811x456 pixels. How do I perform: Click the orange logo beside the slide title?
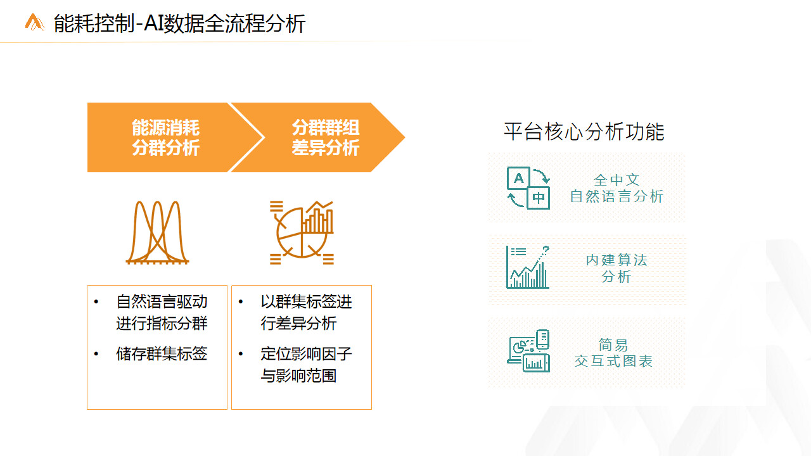point(35,22)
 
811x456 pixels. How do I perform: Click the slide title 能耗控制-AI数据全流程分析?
point(179,23)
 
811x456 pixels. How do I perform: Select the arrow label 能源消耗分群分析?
point(165,137)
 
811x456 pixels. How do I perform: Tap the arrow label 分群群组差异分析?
point(326,137)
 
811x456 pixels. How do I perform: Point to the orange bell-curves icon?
point(157,232)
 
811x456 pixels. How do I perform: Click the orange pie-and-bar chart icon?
point(302,232)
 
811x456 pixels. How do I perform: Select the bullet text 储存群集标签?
point(162,353)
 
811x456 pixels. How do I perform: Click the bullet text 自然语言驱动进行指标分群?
point(162,312)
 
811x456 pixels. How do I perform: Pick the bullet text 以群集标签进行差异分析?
point(306,312)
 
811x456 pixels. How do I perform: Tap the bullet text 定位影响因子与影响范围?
point(306,364)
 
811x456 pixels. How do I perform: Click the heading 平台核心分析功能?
point(584,131)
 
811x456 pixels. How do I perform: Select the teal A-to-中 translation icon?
point(528,188)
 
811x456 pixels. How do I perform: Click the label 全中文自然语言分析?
point(616,188)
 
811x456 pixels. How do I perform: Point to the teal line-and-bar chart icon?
point(528,267)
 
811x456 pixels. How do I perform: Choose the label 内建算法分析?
point(616,268)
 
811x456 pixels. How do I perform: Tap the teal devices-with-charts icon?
point(528,351)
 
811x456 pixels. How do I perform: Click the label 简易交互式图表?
point(614,353)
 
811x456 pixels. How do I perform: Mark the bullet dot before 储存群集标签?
point(96,353)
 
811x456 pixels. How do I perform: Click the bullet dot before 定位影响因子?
point(241,353)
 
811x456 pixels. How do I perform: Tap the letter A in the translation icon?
point(519,178)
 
